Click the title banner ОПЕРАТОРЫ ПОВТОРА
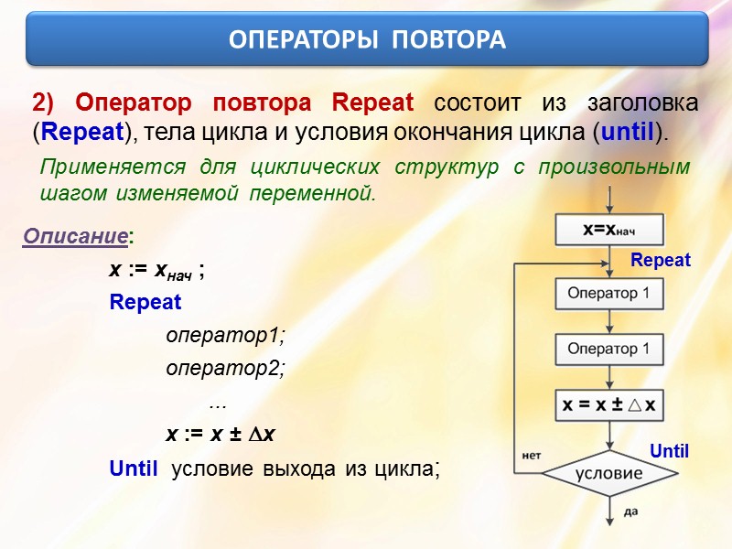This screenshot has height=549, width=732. [366, 39]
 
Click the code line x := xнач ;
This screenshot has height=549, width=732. [156, 271]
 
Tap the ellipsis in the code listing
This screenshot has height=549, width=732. [217, 403]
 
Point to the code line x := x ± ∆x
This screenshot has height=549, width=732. [221, 436]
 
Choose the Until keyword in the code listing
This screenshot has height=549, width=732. [134, 468]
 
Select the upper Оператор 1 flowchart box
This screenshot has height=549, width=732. [608, 293]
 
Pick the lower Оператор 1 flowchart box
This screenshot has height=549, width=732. [608, 349]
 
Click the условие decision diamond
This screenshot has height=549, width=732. [608, 475]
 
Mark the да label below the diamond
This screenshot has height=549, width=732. [630, 512]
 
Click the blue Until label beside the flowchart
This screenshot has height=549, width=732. [669, 451]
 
